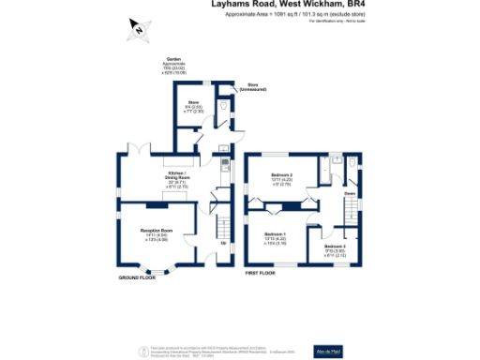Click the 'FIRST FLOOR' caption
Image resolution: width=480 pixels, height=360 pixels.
tap(260, 273)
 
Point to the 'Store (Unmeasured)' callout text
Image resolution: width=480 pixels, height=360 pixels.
tap(253, 86)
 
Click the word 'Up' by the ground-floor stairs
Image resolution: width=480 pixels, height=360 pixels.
tap(222, 246)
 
